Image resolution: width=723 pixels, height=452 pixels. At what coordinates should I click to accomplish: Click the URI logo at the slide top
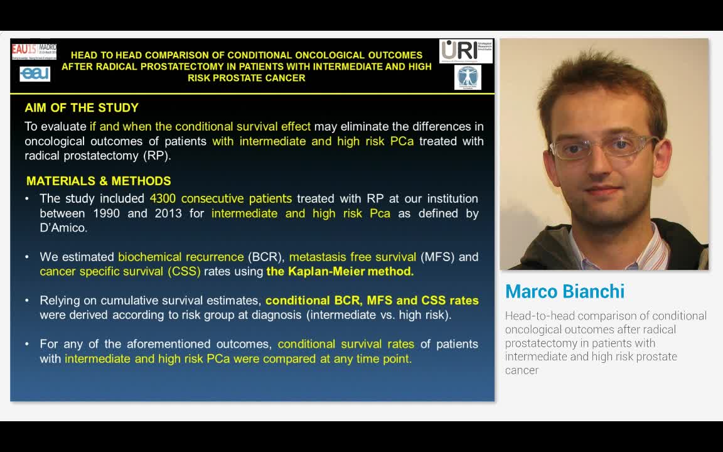[x=466, y=51]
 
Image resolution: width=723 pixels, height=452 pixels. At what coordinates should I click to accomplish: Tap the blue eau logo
[x=35, y=74]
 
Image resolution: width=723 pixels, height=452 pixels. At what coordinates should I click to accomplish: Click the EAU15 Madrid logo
[x=34, y=50]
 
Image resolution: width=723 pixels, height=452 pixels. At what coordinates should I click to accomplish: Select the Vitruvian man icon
[x=468, y=77]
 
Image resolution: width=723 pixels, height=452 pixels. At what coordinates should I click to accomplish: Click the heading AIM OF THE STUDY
[x=82, y=108]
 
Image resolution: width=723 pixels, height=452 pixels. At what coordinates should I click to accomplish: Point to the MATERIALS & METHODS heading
[x=99, y=181]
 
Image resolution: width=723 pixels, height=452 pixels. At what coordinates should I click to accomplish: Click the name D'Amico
[x=63, y=228]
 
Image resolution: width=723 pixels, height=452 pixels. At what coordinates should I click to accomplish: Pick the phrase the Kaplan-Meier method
[x=340, y=272]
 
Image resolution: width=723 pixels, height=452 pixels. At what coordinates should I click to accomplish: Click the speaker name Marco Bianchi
[x=565, y=291]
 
